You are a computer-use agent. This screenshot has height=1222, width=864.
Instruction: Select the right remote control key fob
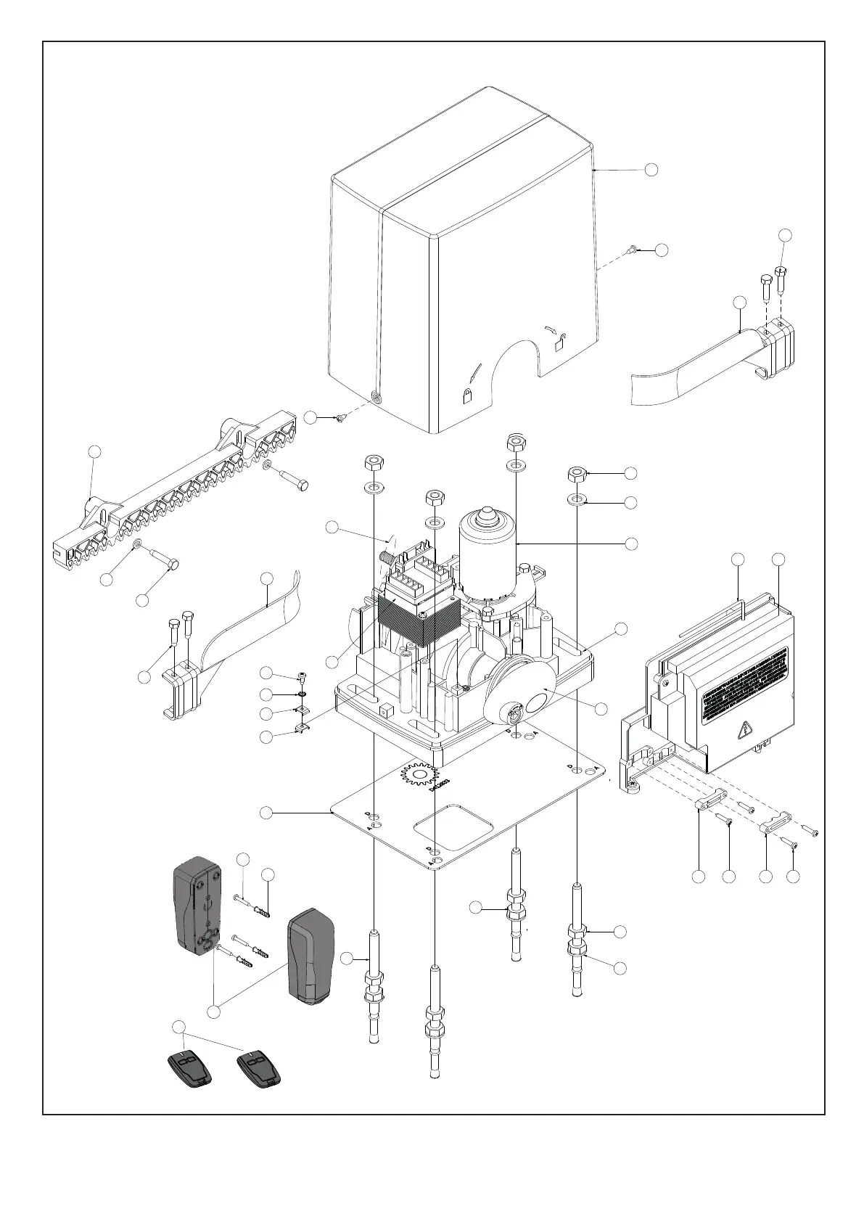coord(260,1070)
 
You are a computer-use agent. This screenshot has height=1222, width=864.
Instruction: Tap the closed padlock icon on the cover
coord(467,395)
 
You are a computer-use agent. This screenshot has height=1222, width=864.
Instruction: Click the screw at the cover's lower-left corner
coord(339,417)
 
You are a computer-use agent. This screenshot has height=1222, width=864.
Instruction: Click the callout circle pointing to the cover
coord(651,169)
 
